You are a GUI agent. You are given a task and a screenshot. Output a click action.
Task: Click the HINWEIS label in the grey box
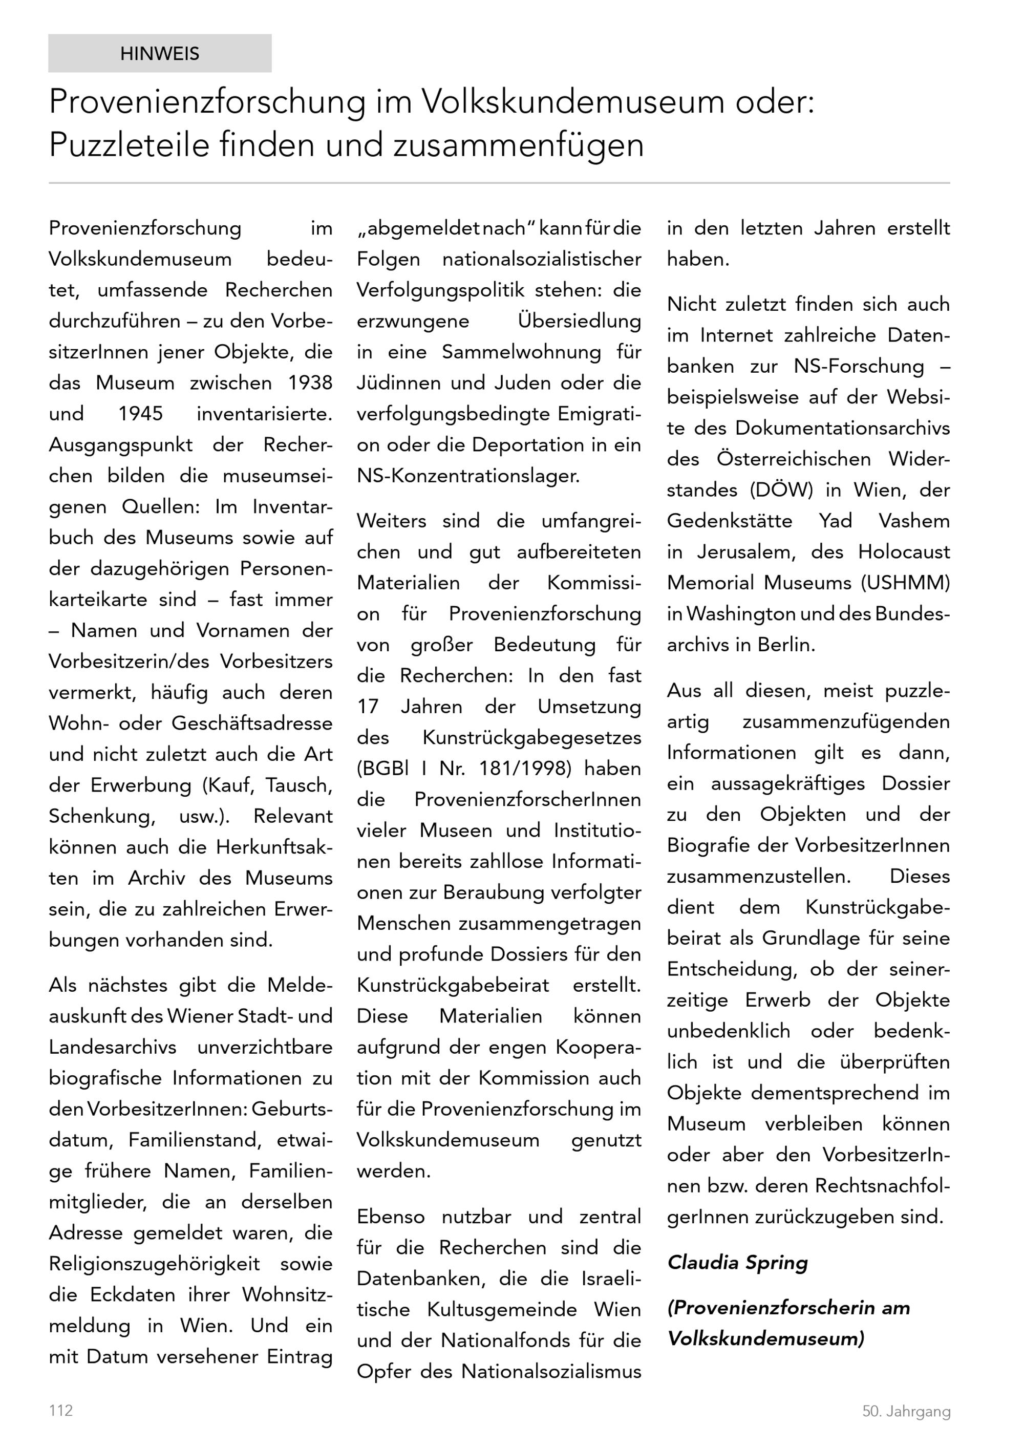tap(160, 54)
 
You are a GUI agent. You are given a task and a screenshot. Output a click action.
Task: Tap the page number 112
tap(61, 1410)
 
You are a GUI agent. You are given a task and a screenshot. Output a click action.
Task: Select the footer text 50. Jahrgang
tap(906, 1412)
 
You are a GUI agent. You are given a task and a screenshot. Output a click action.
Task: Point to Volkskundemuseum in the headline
tap(572, 101)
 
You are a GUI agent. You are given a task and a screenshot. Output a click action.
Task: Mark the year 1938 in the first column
tap(310, 383)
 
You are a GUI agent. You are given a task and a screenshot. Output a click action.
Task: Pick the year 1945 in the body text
tap(141, 414)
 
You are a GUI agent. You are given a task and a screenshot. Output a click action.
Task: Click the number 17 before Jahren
tap(368, 707)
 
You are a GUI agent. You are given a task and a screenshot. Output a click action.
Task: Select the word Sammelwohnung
tap(521, 352)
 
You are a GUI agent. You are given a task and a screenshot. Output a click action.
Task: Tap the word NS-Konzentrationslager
tap(468, 476)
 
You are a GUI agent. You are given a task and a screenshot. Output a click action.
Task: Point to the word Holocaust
tap(904, 552)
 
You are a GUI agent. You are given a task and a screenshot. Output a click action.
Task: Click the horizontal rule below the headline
tap(499, 183)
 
